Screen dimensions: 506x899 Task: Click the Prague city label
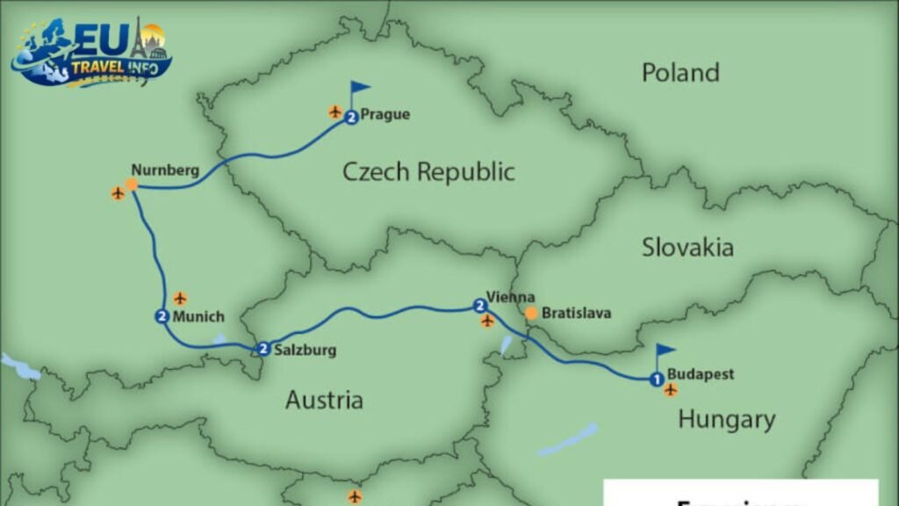click(x=385, y=114)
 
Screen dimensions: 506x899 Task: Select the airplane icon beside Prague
click(x=334, y=112)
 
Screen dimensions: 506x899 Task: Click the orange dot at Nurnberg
click(x=131, y=184)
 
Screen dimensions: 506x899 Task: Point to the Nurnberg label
click(x=165, y=170)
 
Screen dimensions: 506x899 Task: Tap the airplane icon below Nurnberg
click(x=118, y=193)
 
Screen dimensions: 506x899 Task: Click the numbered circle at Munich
click(x=162, y=317)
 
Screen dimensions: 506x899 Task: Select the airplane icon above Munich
click(x=180, y=299)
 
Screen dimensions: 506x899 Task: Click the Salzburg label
click(x=305, y=350)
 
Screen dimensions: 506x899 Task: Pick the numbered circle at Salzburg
click(x=263, y=350)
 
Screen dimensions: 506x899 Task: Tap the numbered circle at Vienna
click(x=479, y=306)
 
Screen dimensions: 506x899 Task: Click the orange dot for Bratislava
click(x=530, y=313)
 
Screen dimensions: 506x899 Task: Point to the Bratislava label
click(x=576, y=313)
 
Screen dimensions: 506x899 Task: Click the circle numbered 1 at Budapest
click(x=655, y=379)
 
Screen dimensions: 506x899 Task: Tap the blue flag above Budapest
click(x=665, y=351)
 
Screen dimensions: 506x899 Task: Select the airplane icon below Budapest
click(x=671, y=390)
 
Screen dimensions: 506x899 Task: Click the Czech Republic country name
click(x=428, y=171)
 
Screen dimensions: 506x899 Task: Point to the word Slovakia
click(x=687, y=247)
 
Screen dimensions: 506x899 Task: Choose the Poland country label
click(x=680, y=72)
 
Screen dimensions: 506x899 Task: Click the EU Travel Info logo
click(x=90, y=53)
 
